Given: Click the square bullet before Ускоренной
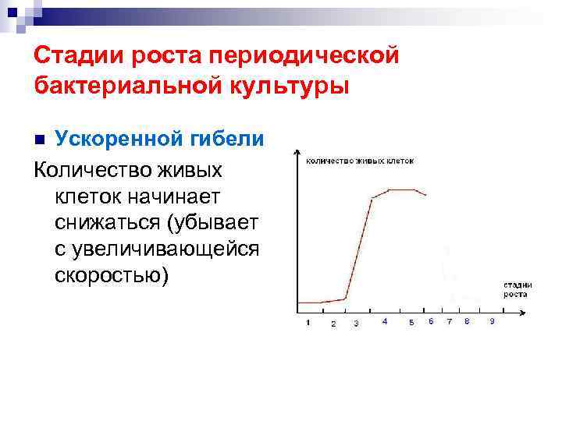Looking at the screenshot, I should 41,140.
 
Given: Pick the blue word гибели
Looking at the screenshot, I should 234,139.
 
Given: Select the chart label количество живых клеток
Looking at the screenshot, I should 360,161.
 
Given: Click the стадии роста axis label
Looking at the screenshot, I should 516,289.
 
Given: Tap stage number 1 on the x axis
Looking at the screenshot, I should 308,323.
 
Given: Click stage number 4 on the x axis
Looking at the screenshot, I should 385,321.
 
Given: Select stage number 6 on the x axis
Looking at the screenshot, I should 432,321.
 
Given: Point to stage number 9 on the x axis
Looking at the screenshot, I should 491,321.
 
